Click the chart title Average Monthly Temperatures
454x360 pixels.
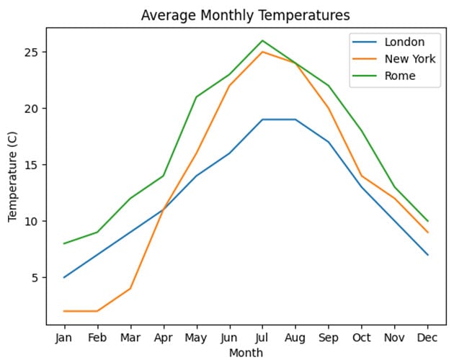coord(245,15)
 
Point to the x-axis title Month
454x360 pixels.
coord(246,353)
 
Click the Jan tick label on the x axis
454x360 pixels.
coord(64,338)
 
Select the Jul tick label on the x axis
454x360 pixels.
coord(262,338)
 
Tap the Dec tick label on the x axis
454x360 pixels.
coord(428,338)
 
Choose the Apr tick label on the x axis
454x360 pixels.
coord(164,338)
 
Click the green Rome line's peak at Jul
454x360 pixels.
coord(262,40)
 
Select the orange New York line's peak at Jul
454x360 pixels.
coord(262,52)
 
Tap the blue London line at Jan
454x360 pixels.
coord(64,277)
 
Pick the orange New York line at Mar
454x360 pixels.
coord(130,288)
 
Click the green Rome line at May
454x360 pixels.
coord(197,96)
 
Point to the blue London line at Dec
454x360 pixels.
coord(428,255)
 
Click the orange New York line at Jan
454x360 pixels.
coord(64,311)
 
